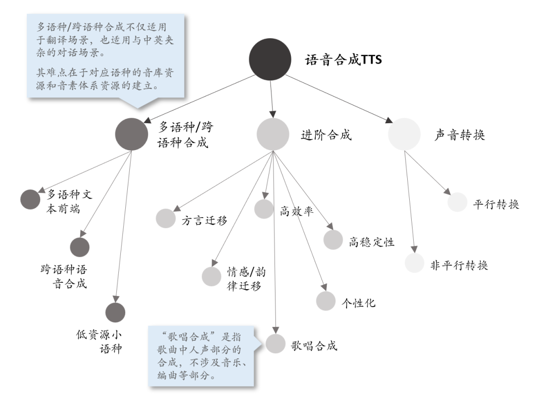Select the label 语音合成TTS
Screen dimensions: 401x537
click(x=343, y=60)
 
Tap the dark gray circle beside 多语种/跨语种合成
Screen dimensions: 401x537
click(x=132, y=134)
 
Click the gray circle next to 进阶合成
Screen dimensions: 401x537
click(x=273, y=134)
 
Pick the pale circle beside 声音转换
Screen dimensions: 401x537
click(x=404, y=134)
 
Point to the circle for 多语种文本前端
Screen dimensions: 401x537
click(x=30, y=199)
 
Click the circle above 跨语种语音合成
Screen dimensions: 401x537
click(x=80, y=247)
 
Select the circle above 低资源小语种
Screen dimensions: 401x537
click(x=115, y=312)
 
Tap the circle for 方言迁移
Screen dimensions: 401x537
click(x=166, y=219)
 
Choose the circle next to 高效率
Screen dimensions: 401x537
click(x=264, y=209)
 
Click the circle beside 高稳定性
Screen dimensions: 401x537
click(x=333, y=240)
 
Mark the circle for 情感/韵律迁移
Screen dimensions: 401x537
click(x=211, y=277)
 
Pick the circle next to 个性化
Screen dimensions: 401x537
click(x=326, y=301)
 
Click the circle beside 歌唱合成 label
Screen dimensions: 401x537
click(x=275, y=343)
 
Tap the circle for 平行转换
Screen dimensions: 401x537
click(x=457, y=202)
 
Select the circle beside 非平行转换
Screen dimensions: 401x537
click(x=414, y=263)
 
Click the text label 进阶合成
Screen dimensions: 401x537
click(x=326, y=135)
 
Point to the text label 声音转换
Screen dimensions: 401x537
click(x=459, y=135)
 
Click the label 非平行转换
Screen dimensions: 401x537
click(x=459, y=265)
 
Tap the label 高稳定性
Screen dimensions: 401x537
click(x=371, y=242)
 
